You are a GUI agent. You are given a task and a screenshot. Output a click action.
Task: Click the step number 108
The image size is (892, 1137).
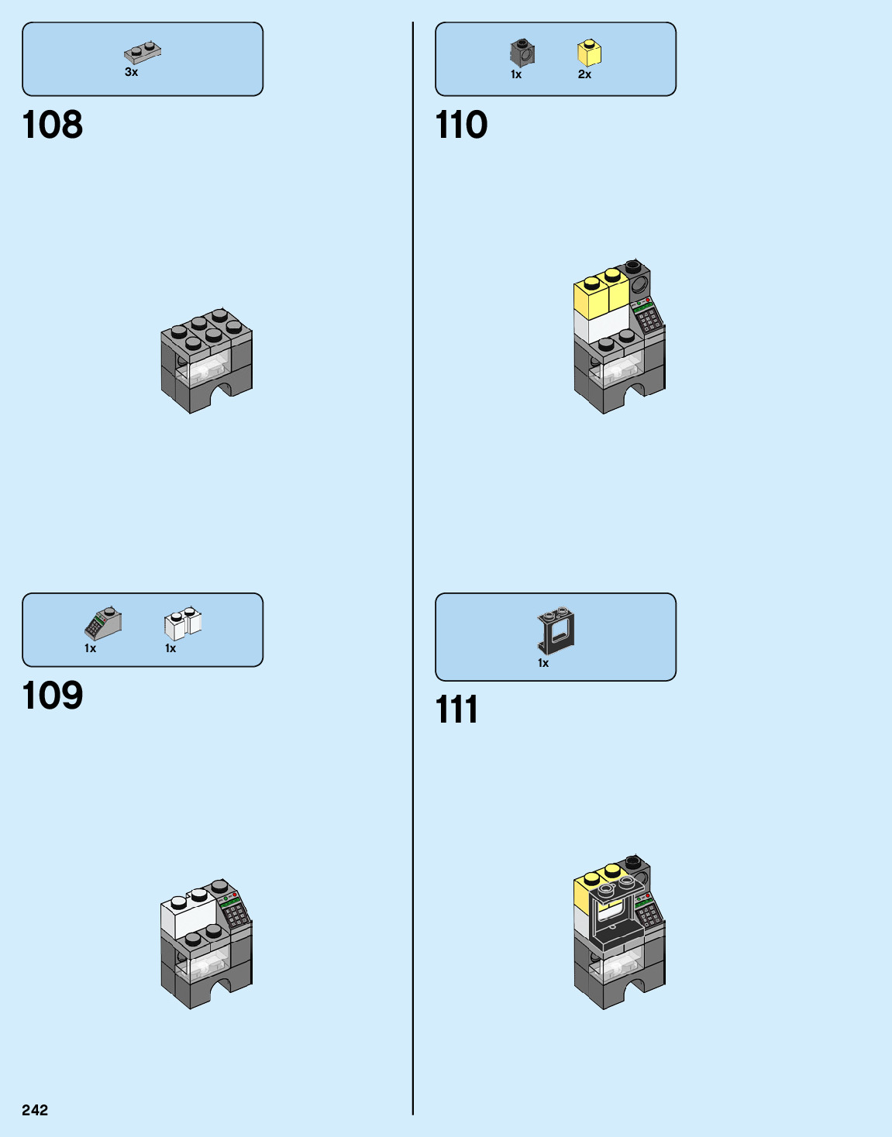(x=53, y=125)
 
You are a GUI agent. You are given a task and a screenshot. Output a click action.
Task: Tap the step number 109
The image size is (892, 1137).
(x=53, y=696)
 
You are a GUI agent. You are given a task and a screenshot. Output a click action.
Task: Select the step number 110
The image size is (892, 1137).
(x=462, y=125)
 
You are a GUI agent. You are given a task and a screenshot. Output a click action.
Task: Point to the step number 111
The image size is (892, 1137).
(x=457, y=709)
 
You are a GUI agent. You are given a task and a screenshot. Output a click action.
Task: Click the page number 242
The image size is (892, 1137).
(x=35, y=1110)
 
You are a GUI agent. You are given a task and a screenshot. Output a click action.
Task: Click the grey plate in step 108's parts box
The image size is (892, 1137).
(x=143, y=53)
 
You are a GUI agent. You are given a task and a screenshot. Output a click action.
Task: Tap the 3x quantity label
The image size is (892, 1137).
(x=132, y=72)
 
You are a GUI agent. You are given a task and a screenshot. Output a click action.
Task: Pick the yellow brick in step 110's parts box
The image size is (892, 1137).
(x=589, y=53)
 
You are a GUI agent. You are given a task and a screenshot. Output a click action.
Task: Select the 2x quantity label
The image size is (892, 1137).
(x=584, y=74)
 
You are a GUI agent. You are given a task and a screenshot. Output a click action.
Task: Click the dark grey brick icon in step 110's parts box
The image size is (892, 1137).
(x=522, y=53)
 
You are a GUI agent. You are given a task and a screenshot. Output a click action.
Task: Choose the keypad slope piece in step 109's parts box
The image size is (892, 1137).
(x=103, y=623)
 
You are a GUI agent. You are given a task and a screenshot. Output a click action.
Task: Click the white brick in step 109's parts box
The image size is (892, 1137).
(x=182, y=623)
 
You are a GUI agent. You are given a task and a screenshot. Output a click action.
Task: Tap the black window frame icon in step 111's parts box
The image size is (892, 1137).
(x=556, y=630)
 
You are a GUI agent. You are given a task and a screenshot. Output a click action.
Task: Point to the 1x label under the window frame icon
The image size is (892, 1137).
(x=543, y=663)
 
